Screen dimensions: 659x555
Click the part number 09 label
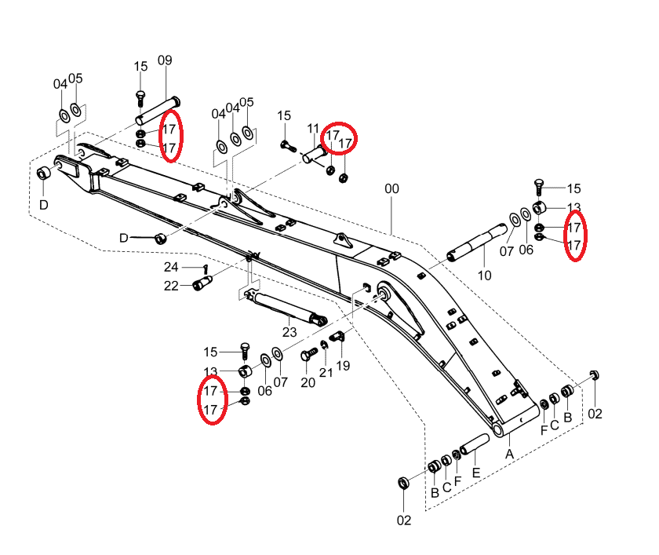(165, 60)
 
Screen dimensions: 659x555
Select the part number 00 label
(391, 188)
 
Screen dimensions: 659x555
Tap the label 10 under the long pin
(484, 276)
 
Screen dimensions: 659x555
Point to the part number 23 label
(289, 332)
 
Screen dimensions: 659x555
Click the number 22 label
(171, 286)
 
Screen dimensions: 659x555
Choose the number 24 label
(171, 267)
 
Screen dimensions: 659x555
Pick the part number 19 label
(343, 366)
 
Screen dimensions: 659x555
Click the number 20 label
(308, 382)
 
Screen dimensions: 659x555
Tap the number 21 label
(326, 373)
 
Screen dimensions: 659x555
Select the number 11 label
(313, 129)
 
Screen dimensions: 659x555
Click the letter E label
(475, 473)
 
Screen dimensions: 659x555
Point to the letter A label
(509, 455)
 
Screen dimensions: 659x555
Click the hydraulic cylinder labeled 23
(285, 308)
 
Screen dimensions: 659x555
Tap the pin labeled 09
(158, 111)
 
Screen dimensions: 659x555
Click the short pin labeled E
(475, 444)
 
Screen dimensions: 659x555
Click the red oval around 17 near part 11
(339, 137)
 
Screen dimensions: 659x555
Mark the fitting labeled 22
(202, 283)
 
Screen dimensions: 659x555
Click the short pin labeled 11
(314, 153)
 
